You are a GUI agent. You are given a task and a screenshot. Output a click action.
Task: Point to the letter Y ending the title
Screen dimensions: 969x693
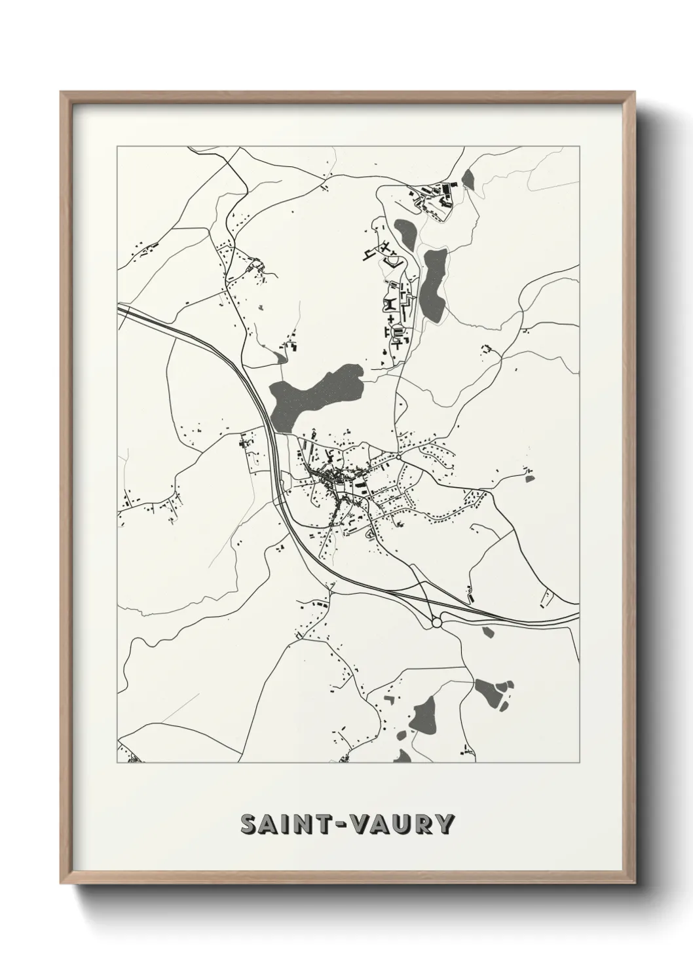pos(443,824)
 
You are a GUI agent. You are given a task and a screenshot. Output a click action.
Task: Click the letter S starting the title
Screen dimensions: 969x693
pos(249,824)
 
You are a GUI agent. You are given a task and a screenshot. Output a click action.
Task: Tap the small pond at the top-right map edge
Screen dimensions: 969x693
pos(468,179)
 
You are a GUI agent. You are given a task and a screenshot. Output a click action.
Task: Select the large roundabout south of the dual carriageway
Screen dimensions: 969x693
pos(437,623)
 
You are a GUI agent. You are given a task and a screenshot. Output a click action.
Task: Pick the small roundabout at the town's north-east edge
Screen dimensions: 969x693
pos(398,456)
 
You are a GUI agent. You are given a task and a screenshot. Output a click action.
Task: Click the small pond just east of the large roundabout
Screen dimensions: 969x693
pos(487,631)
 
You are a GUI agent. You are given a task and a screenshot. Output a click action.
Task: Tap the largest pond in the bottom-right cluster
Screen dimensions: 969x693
pos(486,689)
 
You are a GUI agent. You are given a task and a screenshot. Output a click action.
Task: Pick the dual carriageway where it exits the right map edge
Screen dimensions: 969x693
pos(576,617)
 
